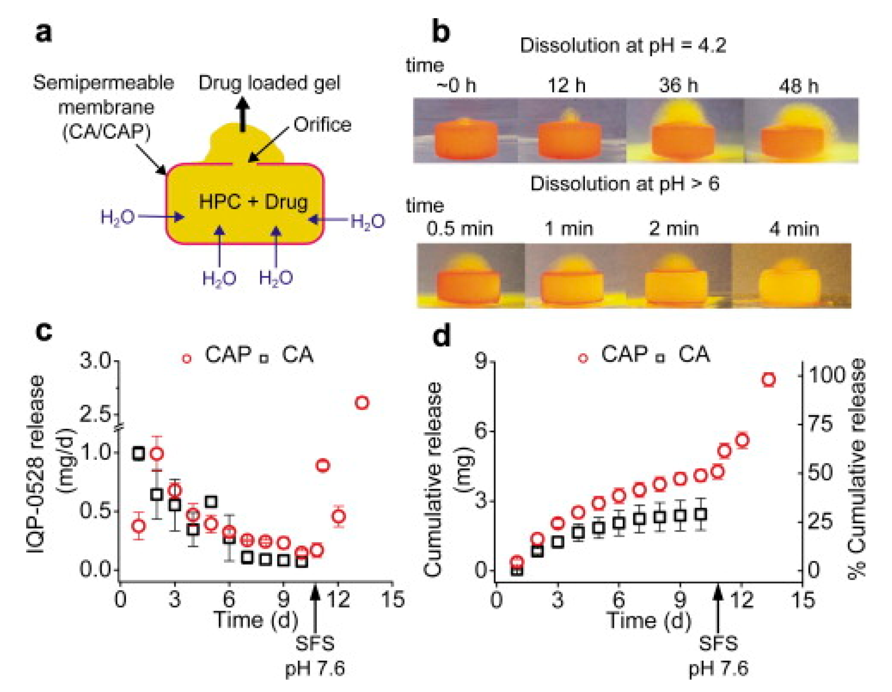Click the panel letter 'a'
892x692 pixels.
44,32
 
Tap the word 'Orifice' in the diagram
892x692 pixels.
322,125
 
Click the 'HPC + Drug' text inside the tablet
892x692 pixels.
253,202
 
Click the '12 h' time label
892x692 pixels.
566,86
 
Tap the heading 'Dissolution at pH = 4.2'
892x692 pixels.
623,45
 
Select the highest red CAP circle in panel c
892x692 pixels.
362,403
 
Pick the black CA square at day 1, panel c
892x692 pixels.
138,454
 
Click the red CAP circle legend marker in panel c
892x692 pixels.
187,359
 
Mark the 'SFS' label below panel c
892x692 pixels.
315,644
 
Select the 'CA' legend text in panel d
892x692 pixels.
694,355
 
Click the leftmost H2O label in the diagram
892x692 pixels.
118,217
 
